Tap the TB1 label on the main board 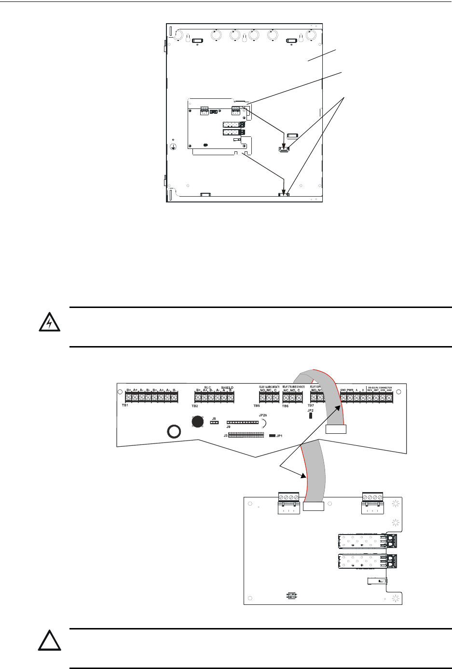pyautogui.click(x=124, y=406)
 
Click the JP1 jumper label pyautogui.click(x=279, y=436)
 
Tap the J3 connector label pyautogui.click(x=225, y=435)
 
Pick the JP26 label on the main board pyautogui.click(x=263, y=415)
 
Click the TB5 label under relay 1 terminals pyautogui.click(x=257, y=406)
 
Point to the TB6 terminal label pyautogui.click(x=285, y=406)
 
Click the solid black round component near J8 pyautogui.click(x=197, y=422)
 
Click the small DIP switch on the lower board pyautogui.click(x=291, y=596)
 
